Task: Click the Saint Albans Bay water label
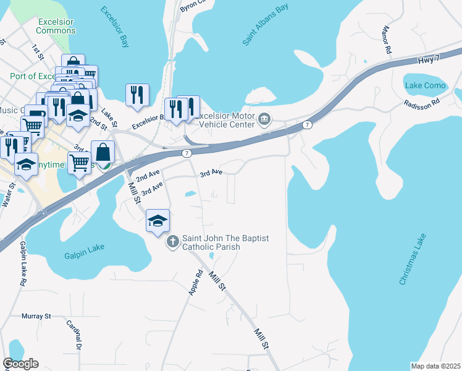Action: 265,25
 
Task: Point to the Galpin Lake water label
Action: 84,254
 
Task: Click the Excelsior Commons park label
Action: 56,26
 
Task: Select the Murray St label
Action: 36,316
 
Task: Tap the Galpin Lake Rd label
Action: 20,264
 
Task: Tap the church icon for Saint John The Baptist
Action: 174,241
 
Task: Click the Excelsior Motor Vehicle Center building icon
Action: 265,118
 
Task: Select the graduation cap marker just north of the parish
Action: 157,220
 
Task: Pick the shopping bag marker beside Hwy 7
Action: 103,151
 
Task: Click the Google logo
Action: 20,363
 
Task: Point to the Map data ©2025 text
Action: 435,366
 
